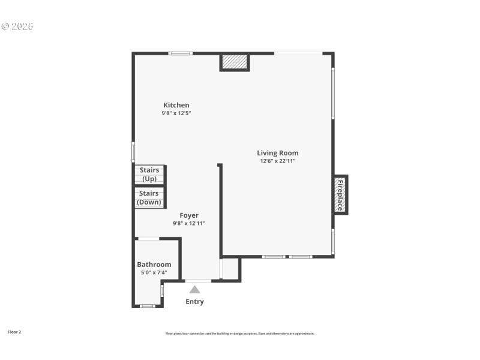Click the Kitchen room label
[x=176, y=105]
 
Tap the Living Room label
[x=278, y=153]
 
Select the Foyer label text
[x=189, y=215]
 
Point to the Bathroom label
[x=154, y=265]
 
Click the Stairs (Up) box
[x=149, y=175]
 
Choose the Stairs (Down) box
[x=149, y=197]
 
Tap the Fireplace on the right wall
[x=340, y=195]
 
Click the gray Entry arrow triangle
[x=195, y=289]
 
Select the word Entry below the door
[x=194, y=302]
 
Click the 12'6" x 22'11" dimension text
[x=278, y=161]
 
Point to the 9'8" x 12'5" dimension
[x=176, y=113]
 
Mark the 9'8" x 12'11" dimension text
[x=189, y=223]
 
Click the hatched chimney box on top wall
[x=234, y=62]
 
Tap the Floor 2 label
[x=14, y=332]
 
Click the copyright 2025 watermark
[x=17, y=26]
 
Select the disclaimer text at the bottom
[x=240, y=334]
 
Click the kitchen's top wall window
[x=180, y=53]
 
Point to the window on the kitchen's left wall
[x=133, y=151]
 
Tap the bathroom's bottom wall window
[x=147, y=306]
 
